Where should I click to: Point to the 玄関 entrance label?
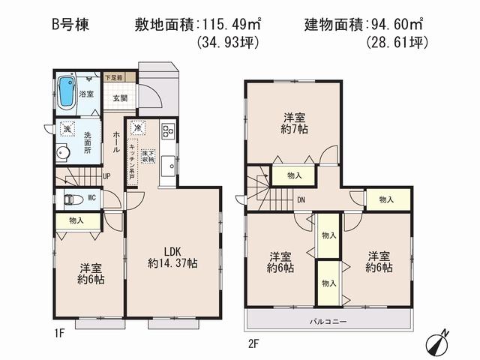[x=120, y=97]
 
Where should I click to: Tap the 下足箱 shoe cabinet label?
[x=120, y=77]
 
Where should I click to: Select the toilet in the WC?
[x=73, y=199]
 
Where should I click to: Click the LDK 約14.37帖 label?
[x=172, y=256]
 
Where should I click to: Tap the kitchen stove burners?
[x=166, y=131]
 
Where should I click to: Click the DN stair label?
[x=300, y=199]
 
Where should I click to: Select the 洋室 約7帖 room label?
[x=293, y=123]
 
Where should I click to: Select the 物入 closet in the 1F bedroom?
[x=76, y=220]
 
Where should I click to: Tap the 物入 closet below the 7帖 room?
[x=293, y=176]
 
